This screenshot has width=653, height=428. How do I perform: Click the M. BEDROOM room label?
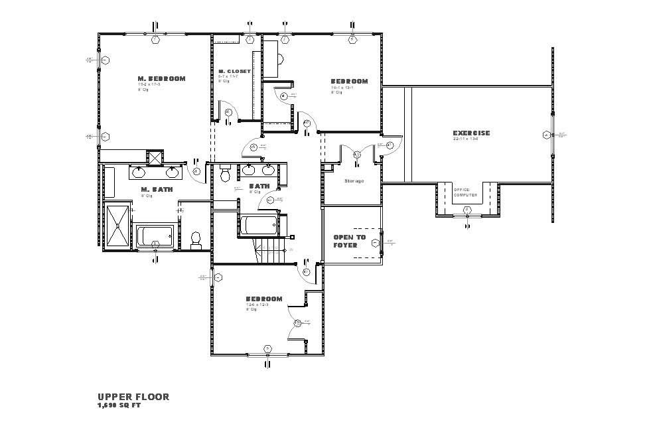(161, 78)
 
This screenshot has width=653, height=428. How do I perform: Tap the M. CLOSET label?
(235, 71)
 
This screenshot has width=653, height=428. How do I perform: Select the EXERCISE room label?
(471, 133)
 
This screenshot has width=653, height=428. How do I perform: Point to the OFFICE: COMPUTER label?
(466, 192)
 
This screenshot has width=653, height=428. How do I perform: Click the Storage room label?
(354, 180)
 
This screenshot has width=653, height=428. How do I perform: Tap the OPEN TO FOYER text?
(349, 241)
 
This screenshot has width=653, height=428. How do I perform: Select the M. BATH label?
(157, 190)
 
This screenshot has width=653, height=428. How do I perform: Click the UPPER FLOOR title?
(133, 397)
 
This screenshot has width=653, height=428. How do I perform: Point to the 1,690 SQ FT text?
(119, 405)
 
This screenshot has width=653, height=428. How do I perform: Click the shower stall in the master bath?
(119, 226)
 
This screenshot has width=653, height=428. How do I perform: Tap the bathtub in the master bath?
(155, 236)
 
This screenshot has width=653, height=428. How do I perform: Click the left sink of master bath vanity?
(139, 173)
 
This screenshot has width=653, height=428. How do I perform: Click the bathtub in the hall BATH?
(258, 225)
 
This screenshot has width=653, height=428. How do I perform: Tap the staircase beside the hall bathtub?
(270, 250)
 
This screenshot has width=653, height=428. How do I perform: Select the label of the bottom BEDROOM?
(264, 299)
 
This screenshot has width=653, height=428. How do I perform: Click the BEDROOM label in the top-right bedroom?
(349, 82)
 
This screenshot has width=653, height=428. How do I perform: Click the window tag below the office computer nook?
(467, 210)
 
